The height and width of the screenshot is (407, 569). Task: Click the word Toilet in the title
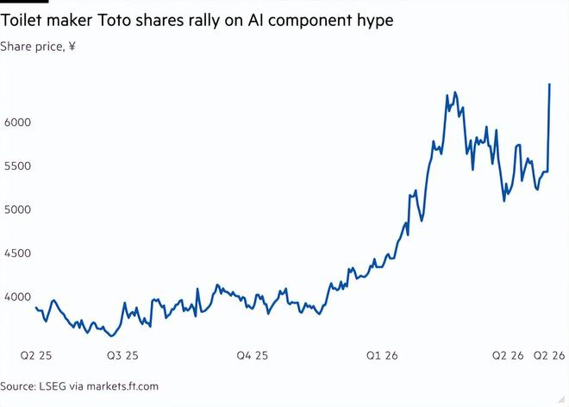[21, 21]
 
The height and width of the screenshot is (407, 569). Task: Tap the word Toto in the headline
[114, 21]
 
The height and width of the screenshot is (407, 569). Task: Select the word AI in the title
[255, 21]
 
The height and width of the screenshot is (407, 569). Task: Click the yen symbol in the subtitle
[72, 47]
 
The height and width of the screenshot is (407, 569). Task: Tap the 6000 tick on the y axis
[18, 122]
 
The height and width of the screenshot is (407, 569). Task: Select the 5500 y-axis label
[18, 166]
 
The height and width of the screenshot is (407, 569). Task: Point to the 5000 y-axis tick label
[18, 210]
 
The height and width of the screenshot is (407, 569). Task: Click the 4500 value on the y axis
[18, 253]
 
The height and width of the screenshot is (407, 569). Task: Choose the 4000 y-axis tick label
[18, 297]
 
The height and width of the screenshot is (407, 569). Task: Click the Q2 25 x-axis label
[36, 355]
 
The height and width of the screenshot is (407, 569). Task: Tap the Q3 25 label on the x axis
[122, 355]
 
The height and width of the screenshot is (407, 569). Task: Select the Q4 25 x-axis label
[253, 355]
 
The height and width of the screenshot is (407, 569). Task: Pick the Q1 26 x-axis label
[382, 355]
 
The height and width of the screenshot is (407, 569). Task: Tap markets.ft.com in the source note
[122, 386]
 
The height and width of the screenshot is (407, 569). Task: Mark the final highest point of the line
[549, 85]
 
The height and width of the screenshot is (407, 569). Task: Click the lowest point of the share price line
[111, 335]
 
